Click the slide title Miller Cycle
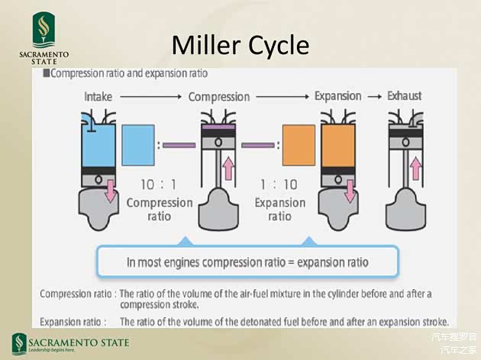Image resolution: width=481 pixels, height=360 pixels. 240,46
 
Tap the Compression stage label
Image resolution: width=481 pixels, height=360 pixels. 218,97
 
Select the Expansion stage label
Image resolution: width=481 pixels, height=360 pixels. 337,96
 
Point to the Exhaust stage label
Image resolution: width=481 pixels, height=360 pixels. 404,96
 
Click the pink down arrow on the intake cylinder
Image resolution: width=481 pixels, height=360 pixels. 111,191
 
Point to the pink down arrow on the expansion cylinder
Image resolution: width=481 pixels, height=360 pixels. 350,190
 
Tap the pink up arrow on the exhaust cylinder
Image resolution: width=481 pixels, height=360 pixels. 417,163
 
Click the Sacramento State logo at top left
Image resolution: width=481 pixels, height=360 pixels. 44,38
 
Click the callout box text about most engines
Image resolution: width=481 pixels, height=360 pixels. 247,262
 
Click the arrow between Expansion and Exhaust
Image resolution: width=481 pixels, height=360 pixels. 374,96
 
